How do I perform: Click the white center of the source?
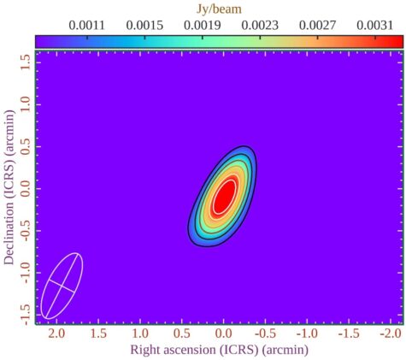tap(224, 196)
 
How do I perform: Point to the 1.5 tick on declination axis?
tap(25, 59)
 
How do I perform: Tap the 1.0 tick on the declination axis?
tap(25, 102)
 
